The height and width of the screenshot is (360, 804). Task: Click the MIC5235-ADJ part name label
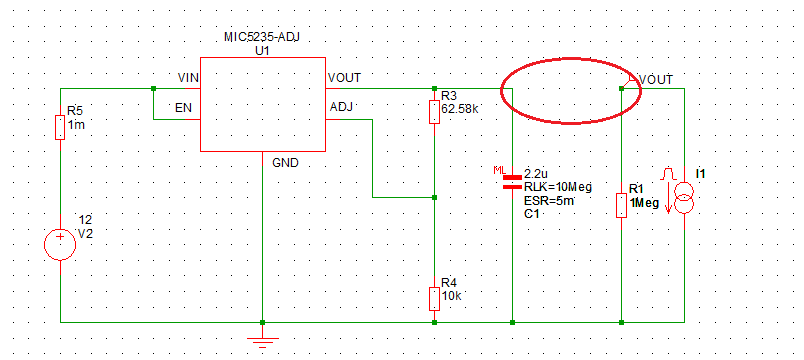(x=262, y=37)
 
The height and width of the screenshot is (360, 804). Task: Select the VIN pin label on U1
(x=187, y=78)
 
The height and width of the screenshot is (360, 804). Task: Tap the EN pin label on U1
(x=184, y=106)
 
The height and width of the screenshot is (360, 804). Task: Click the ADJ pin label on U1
(x=341, y=106)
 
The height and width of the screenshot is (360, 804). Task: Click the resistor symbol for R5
(x=61, y=127)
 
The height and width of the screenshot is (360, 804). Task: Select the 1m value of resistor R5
(x=76, y=125)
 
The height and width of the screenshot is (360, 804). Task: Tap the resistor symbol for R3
(x=433, y=110)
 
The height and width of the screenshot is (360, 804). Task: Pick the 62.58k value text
(x=460, y=108)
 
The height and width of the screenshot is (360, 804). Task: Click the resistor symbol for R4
(x=433, y=298)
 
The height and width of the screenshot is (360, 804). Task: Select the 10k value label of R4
(x=450, y=296)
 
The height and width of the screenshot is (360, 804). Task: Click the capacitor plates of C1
(x=512, y=180)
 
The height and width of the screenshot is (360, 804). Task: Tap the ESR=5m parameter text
(x=546, y=199)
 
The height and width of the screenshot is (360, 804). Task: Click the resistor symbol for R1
(x=621, y=205)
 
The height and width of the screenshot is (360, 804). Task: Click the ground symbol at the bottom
(x=262, y=342)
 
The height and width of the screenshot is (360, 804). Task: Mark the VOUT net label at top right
(x=655, y=80)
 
